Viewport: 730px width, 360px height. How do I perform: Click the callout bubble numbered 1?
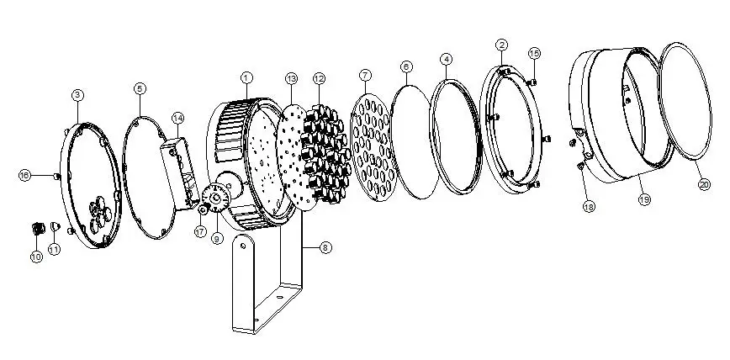[246, 77]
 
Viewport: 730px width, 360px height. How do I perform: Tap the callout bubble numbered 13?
[292, 79]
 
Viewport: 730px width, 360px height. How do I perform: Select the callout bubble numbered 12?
[319, 78]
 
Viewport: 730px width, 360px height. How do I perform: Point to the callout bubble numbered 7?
[366, 75]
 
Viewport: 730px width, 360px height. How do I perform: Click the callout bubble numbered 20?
[705, 184]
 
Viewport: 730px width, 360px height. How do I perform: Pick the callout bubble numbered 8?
[325, 248]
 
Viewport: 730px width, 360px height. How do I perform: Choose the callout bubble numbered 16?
[24, 175]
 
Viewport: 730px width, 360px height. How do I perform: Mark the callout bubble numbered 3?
[77, 95]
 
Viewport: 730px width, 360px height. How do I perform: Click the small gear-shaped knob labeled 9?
[216, 199]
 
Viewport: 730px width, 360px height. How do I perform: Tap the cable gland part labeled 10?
[37, 228]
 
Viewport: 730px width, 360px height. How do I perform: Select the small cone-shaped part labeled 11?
[56, 227]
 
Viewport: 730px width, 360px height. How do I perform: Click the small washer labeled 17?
[203, 209]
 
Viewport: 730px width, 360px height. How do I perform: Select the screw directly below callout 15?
[533, 82]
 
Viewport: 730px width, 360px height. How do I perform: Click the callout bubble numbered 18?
[589, 206]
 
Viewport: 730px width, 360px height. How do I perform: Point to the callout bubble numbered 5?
[140, 88]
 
